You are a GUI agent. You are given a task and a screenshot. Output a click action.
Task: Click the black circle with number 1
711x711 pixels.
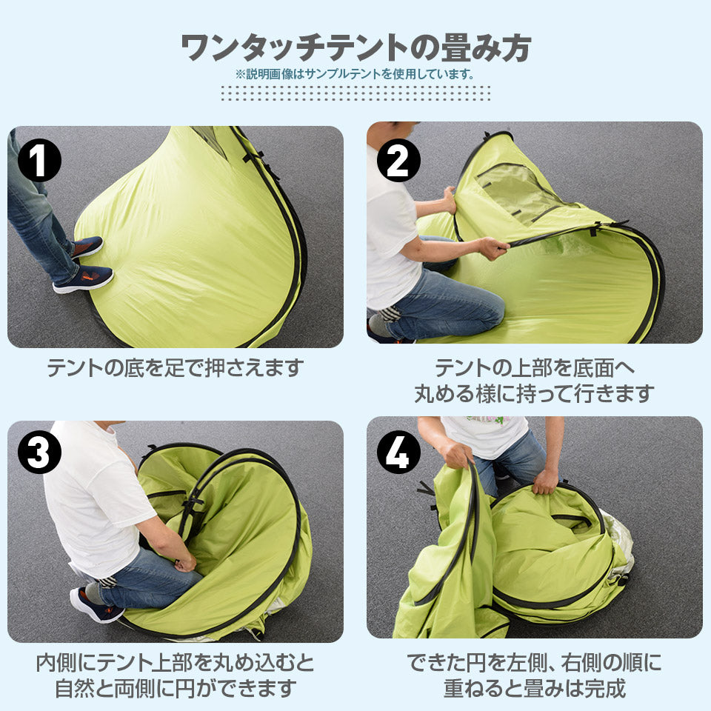coord(39,160)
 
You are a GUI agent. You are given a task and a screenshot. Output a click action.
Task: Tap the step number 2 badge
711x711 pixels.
coord(398,160)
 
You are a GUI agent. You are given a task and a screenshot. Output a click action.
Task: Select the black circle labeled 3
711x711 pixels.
coord(39,452)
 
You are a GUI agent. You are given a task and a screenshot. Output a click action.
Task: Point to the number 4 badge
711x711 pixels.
coord(398,452)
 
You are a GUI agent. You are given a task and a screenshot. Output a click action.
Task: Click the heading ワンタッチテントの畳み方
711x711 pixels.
coord(356,47)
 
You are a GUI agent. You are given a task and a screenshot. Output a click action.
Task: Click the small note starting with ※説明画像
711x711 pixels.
coord(355,74)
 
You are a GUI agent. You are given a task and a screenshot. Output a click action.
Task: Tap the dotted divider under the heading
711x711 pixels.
coord(355,93)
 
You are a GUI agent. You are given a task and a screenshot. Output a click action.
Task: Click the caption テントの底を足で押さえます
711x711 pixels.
coord(175,367)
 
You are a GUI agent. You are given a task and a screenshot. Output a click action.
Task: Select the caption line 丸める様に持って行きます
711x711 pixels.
coord(535,393)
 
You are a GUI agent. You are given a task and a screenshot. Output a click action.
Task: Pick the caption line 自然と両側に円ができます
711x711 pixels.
coord(176,688)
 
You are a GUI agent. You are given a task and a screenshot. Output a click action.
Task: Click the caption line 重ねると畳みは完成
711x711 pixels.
coord(535,688)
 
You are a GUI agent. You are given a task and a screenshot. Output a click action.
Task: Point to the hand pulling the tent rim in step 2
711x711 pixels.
coord(494,248)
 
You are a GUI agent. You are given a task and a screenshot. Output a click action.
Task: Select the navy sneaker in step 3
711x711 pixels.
coord(96,605)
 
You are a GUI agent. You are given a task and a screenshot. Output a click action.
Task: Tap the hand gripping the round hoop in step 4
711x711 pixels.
coord(544,481)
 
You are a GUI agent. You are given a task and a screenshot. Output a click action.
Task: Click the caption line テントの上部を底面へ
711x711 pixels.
coord(535,367)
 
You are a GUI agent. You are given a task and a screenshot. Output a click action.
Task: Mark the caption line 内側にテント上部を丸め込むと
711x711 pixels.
coord(176,662)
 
